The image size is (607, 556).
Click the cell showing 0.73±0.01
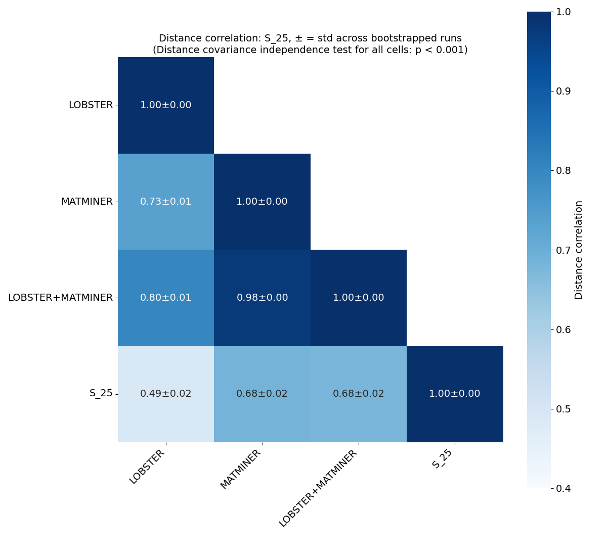(166, 202)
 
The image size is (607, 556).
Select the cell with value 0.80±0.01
(166, 298)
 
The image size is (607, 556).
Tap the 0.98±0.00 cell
(262, 298)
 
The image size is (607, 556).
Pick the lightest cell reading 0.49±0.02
(166, 394)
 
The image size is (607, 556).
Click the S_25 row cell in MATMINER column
(262, 394)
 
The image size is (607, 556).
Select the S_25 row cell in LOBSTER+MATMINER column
(358, 394)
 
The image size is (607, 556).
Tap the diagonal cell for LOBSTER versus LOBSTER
(166, 105)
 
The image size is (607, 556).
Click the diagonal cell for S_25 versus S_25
(454, 394)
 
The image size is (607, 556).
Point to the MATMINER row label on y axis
(86, 202)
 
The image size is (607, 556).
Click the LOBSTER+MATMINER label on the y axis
(60, 298)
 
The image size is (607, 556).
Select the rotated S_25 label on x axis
(443, 459)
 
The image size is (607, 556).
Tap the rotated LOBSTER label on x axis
(147, 467)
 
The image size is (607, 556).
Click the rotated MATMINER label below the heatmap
(241, 469)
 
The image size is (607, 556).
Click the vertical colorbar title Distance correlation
(579, 250)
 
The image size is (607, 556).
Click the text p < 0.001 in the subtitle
(440, 50)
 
